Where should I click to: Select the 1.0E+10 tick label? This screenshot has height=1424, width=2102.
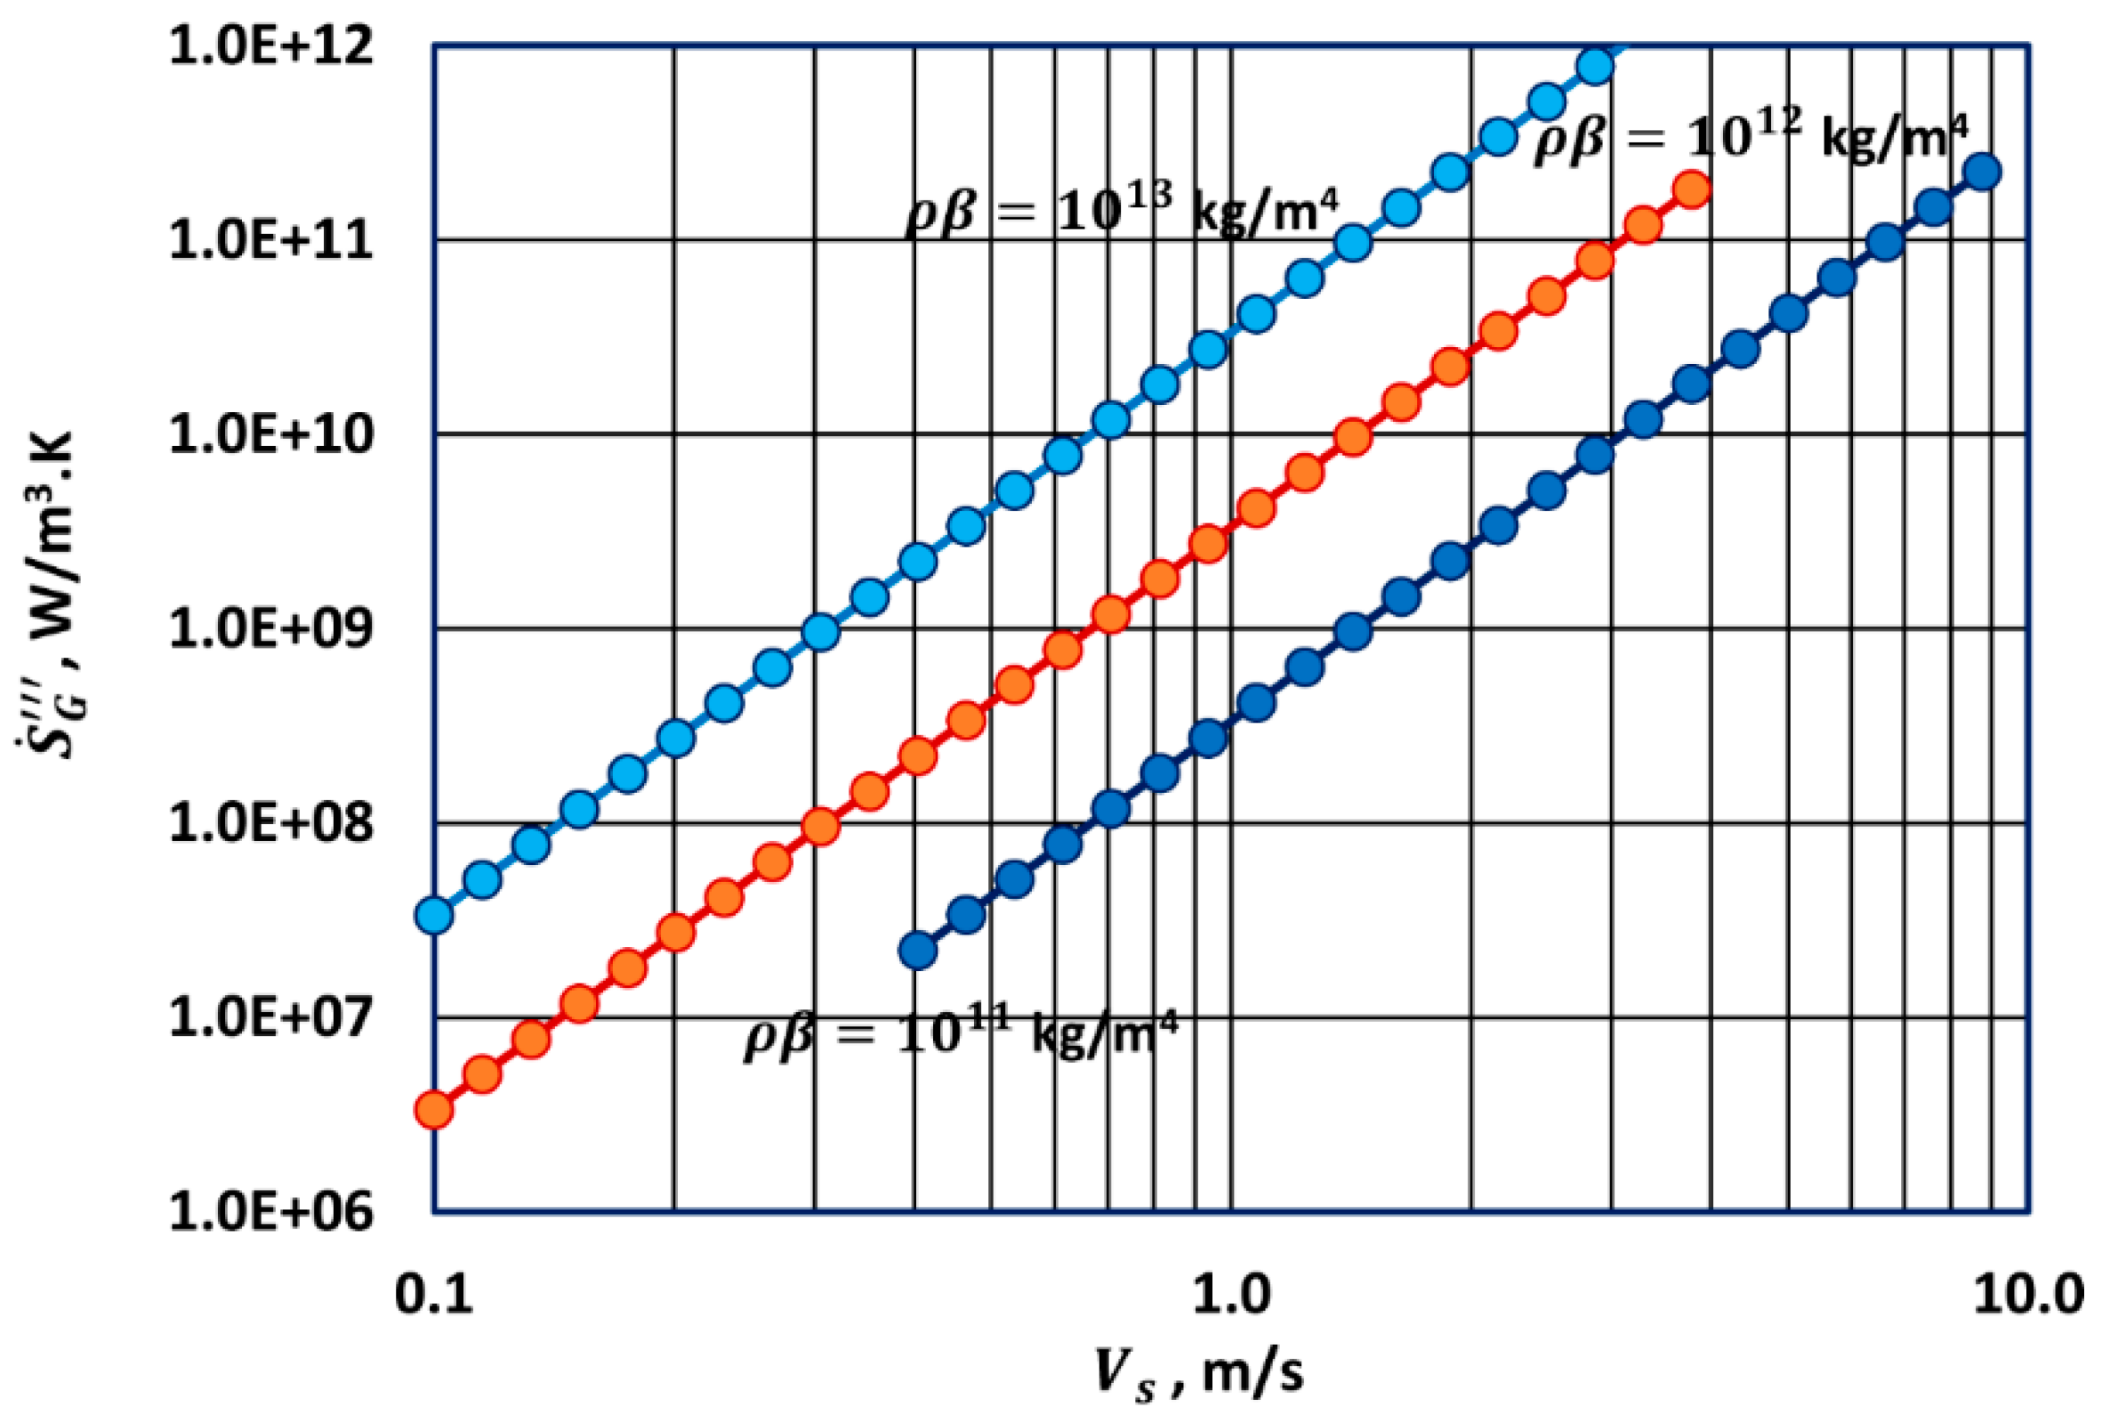tap(270, 435)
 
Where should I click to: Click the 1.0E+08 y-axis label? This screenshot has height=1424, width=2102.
tap(270, 823)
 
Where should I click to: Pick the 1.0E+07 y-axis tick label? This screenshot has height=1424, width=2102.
tap(270, 1018)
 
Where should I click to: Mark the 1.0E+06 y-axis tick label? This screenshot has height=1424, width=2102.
tap(270, 1211)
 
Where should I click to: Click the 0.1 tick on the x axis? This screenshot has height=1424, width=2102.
tap(433, 1295)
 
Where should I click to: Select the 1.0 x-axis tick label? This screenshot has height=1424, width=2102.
tap(1230, 1295)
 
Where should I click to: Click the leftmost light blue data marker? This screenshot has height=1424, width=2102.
tap(434, 916)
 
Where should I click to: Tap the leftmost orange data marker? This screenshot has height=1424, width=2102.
tap(434, 1110)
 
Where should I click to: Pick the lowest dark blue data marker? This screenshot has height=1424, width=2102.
tap(918, 951)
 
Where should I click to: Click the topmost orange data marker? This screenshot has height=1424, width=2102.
tap(1691, 189)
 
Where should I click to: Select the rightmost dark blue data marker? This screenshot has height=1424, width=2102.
tap(1982, 172)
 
